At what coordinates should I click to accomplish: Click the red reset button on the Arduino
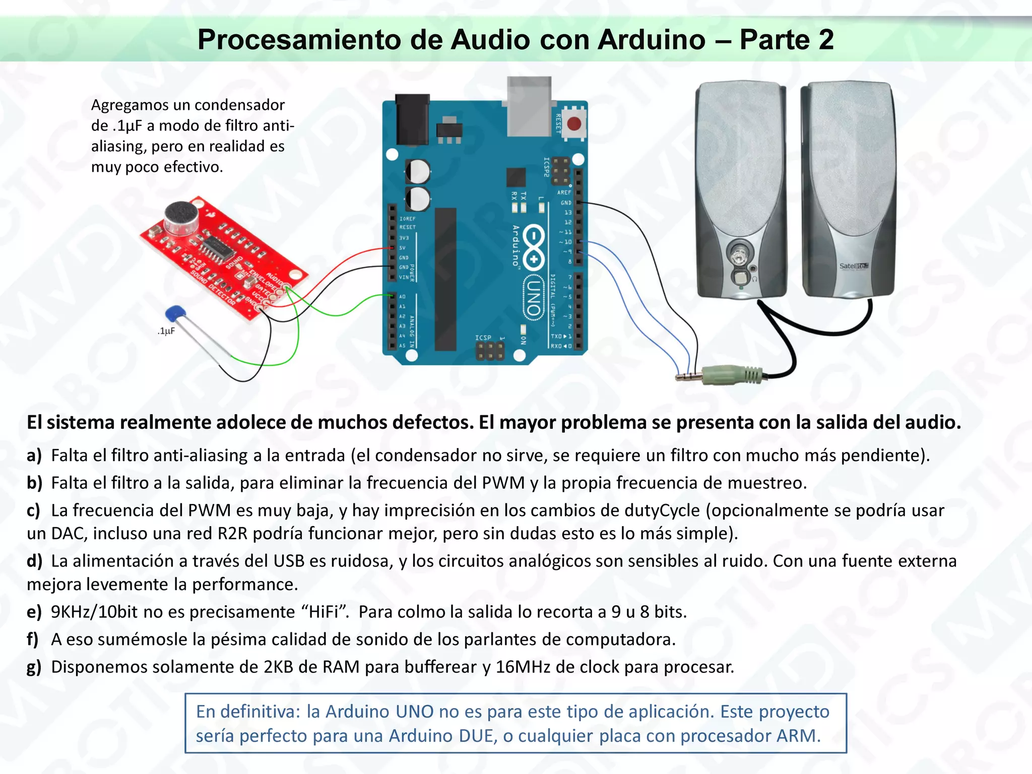(x=574, y=123)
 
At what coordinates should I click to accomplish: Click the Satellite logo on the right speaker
(x=854, y=266)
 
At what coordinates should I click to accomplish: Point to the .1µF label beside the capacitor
(x=166, y=331)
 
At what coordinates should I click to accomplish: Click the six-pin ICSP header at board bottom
(x=489, y=351)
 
